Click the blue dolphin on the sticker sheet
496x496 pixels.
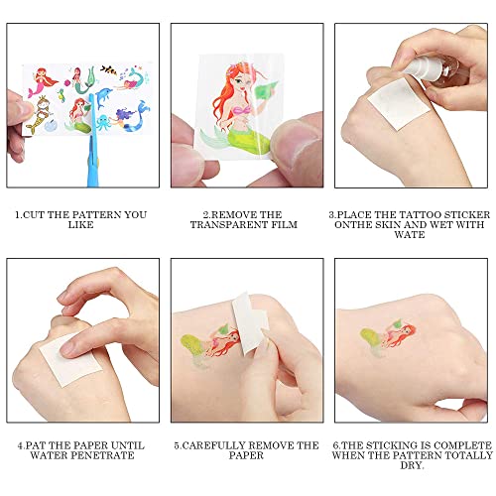pos(104,97)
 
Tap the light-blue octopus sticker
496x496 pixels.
pos(103,122)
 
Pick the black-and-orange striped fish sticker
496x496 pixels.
pos(109,69)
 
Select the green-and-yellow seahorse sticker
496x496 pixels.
pos(62,95)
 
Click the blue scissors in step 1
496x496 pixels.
pos(92,141)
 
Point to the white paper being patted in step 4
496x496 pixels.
pos(71,360)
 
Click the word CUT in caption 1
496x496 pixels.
pos(35,214)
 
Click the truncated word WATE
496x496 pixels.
pos(410,235)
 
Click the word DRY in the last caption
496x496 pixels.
pos(411,465)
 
